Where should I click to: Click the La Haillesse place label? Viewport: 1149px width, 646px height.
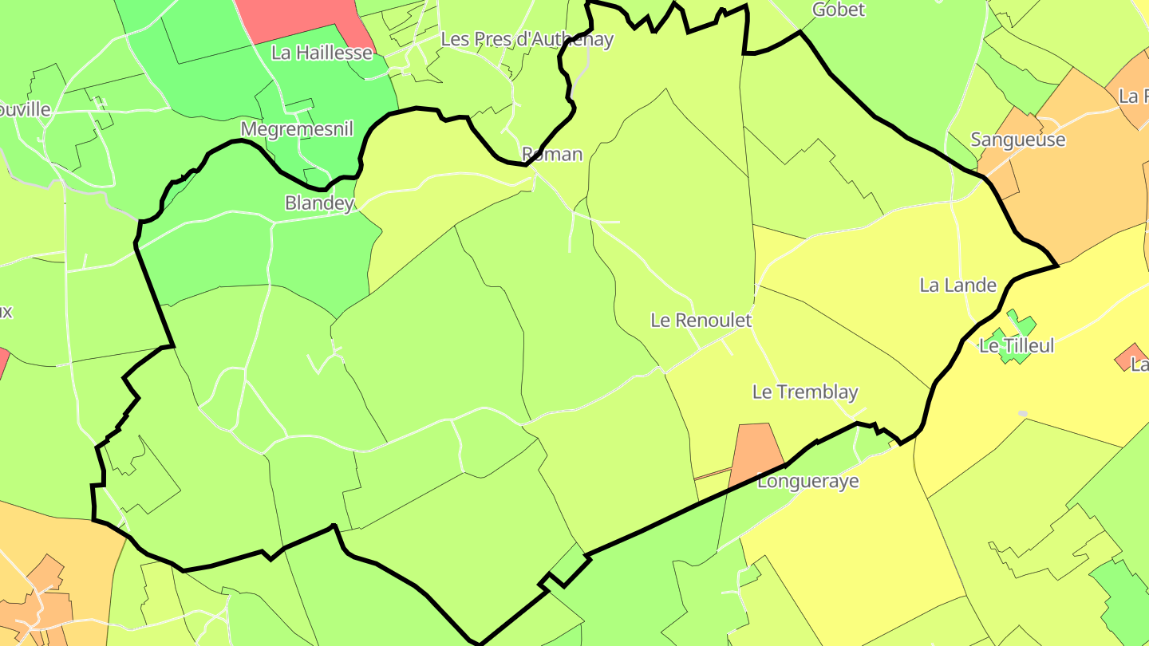(322, 53)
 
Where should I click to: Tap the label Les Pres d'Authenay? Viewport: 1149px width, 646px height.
(527, 39)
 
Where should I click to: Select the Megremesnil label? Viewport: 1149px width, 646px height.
(296, 129)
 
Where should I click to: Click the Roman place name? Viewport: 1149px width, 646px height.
(552, 154)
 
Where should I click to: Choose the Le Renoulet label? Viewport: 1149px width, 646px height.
(701, 321)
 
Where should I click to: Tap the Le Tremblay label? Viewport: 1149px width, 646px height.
(805, 392)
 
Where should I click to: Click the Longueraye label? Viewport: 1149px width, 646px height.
(807, 482)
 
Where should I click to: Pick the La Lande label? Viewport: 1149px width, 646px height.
(958, 285)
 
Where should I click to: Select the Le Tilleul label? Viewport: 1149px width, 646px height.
(1017, 346)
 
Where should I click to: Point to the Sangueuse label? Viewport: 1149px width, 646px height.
(1017, 140)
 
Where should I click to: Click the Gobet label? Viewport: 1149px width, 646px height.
(838, 10)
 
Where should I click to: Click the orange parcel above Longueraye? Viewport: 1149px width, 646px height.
(756, 451)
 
